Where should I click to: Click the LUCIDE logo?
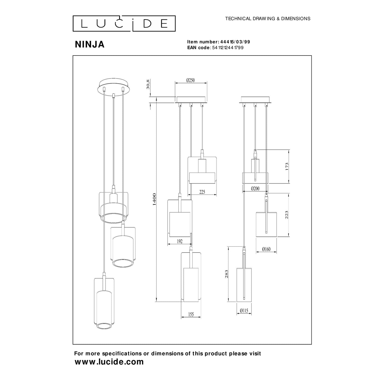click(124, 23)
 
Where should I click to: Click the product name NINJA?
click(90, 44)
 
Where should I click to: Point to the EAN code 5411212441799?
click(228, 48)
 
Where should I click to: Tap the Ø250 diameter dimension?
click(190, 80)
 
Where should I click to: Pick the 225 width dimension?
click(202, 192)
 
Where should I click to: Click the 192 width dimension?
click(180, 241)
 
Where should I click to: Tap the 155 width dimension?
click(191, 314)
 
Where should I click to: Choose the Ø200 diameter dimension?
click(255, 188)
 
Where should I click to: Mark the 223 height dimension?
click(287, 215)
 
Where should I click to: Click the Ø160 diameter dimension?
click(266, 249)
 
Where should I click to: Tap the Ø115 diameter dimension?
click(244, 311)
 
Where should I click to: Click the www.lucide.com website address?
click(109, 362)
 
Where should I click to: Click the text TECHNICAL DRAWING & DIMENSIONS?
click(268, 19)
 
